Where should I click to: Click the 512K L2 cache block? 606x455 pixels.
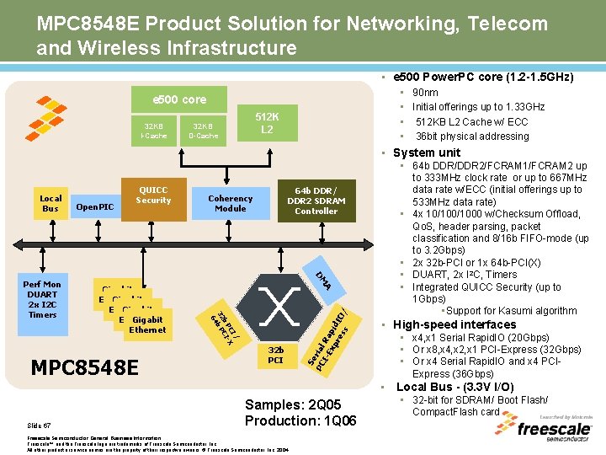266,123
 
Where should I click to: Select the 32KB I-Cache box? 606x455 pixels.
153,131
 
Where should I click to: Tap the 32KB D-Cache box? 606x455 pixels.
203,131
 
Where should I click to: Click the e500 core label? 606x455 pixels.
178,99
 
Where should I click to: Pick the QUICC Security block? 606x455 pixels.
153,196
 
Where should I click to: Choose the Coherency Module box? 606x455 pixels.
230,203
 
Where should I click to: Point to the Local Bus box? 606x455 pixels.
50,203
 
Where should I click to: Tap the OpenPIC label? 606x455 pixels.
94,206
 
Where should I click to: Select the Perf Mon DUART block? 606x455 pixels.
43,299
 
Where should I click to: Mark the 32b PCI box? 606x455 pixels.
275,354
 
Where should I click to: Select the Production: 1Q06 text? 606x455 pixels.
300,420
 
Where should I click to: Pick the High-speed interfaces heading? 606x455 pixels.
455,324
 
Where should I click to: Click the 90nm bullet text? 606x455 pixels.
426,93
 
